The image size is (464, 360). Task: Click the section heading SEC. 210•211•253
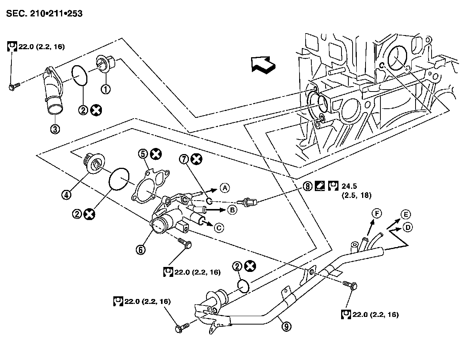pyautogui.click(x=44, y=13)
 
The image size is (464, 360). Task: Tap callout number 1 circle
pyautogui.click(x=106, y=89)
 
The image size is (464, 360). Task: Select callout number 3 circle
pyautogui.click(x=55, y=129)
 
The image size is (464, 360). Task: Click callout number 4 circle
pyautogui.click(x=66, y=195)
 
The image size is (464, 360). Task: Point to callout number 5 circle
pyautogui.click(x=143, y=154)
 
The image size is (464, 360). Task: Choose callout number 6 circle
pyautogui.click(x=141, y=250)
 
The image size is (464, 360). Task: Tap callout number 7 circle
pyautogui.click(x=184, y=159)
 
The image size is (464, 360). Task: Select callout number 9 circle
pyautogui.click(x=287, y=326)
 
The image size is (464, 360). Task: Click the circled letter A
pyautogui.click(x=225, y=188)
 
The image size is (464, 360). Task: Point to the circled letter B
pyautogui.click(x=232, y=210)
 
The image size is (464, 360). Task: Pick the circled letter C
pyautogui.click(x=219, y=228)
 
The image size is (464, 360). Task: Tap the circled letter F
pyautogui.click(x=377, y=214)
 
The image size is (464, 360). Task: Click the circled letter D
pyautogui.click(x=408, y=228)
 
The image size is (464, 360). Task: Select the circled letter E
pyautogui.click(x=406, y=214)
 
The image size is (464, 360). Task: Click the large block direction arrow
pyautogui.click(x=263, y=65)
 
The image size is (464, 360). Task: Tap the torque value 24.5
pyautogui.click(x=349, y=186)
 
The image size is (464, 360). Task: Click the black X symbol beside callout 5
pyautogui.click(x=156, y=154)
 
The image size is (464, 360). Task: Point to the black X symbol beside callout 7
pyautogui.click(x=197, y=159)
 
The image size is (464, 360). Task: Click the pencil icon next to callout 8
pyautogui.click(x=320, y=186)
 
